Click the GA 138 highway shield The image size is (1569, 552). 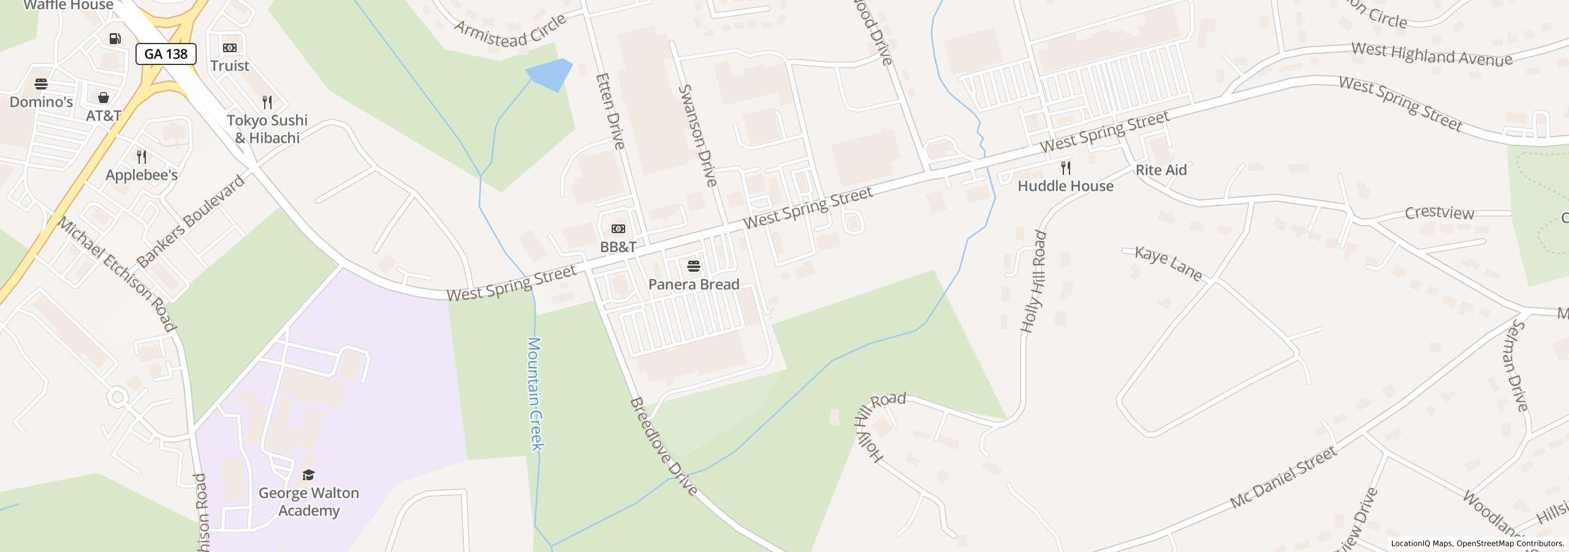(165, 54)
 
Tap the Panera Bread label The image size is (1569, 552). (694, 285)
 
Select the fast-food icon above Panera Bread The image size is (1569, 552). (694, 266)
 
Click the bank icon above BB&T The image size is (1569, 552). (618, 229)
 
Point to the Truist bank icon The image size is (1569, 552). (230, 48)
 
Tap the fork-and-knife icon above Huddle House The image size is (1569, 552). (1066, 168)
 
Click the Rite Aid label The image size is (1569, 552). (1161, 170)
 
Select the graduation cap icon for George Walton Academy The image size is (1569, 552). (308, 475)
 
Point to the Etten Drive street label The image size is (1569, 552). (610, 111)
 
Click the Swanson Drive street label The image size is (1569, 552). (697, 135)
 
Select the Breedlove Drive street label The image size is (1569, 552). (663, 447)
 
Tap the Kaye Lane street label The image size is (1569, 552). (1168, 263)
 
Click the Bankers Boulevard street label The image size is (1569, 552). (191, 221)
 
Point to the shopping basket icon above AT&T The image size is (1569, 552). (104, 98)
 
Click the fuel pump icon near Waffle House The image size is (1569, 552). (115, 39)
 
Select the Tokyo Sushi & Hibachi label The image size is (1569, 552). (267, 129)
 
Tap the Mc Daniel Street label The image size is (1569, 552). (1283, 478)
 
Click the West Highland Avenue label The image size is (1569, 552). (1431, 54)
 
